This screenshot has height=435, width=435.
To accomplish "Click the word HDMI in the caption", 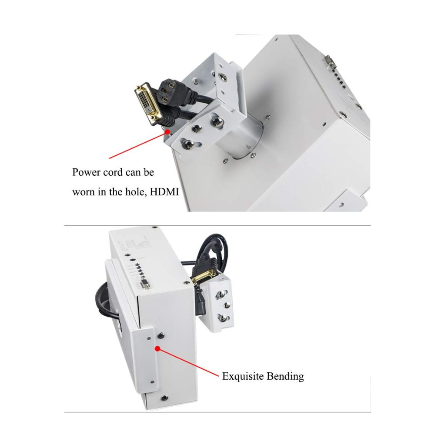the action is click(164, 192).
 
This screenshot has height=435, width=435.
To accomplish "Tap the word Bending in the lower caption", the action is click(285, 376).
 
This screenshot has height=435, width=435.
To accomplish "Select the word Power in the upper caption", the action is click(86, 172).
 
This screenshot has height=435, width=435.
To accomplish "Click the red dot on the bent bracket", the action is click(157, 348).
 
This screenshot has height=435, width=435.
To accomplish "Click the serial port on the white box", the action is click(144, 284).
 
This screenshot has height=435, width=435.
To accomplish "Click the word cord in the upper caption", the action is click(113, 172).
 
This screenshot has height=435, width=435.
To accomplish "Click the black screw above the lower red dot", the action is click(161, 336).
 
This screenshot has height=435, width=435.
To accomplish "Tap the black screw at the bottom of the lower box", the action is click(164, 398).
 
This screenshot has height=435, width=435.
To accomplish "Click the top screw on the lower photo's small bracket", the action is click(222, 293).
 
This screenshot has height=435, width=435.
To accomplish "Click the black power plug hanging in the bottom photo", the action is click(201, 301).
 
